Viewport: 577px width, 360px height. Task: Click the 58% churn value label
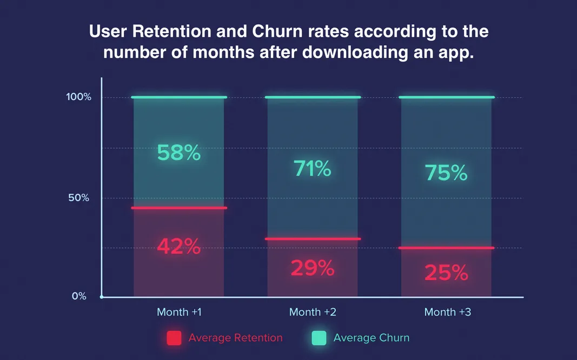179,154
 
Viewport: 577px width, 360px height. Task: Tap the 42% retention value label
179,246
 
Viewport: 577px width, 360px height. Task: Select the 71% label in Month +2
313,169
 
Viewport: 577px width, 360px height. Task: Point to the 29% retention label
313,268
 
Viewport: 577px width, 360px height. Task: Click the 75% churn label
446,173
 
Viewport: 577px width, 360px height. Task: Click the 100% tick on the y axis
79,97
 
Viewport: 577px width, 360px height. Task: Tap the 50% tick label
78,198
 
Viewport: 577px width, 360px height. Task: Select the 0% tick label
79,296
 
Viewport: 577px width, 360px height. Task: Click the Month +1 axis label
180,312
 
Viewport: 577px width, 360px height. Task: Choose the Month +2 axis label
313,312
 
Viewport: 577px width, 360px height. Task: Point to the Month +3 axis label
447,312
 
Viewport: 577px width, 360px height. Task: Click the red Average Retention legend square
174,338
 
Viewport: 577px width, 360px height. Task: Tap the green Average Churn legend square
320,338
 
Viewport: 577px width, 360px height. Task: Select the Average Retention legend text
235,338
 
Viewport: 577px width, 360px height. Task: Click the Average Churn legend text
372,338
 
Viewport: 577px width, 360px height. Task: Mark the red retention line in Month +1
179,208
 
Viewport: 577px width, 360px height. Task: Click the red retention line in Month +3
446,248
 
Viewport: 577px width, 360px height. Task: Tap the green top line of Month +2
313,97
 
